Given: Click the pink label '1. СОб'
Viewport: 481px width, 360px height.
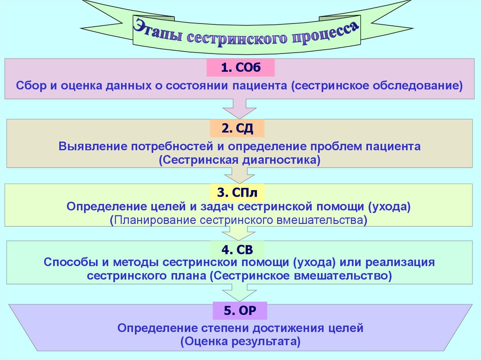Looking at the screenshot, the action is (240, 68).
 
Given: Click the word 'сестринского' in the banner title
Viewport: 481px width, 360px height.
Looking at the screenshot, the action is (240, 38).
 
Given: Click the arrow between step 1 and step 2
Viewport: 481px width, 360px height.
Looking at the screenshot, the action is (240, 109).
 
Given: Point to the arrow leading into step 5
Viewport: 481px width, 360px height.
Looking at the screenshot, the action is (240, 292).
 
